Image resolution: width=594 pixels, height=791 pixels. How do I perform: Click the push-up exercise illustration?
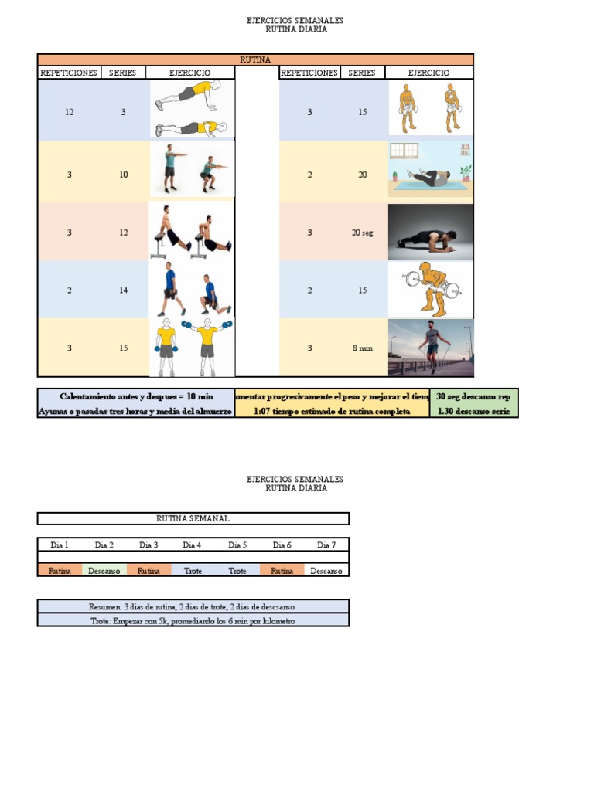(190, 110)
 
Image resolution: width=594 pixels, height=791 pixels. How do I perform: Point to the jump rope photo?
(431, 348)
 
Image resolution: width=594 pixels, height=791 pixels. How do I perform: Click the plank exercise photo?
(431, 232)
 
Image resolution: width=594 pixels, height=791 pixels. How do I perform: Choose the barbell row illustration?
(431, 290)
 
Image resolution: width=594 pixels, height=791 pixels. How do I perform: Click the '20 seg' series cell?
(362, 233)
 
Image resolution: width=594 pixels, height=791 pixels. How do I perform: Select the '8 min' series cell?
(362, 348)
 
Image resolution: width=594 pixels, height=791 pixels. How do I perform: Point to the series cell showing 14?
(123, 290)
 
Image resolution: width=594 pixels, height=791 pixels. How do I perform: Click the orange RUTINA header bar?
(255, 59)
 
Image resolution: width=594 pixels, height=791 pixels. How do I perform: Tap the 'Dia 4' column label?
(193, 545)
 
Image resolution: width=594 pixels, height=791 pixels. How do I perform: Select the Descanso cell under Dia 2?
(104, 571)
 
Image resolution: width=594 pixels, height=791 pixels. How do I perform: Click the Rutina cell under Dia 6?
(282, 571)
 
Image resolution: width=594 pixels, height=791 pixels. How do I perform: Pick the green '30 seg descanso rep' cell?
(473, 396)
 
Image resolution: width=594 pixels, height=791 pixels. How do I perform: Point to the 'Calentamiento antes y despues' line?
(136, 396)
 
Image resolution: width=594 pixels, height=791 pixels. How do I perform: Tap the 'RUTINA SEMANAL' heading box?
(193, 518)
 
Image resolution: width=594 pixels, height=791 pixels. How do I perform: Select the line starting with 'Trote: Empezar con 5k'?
(193, 620)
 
